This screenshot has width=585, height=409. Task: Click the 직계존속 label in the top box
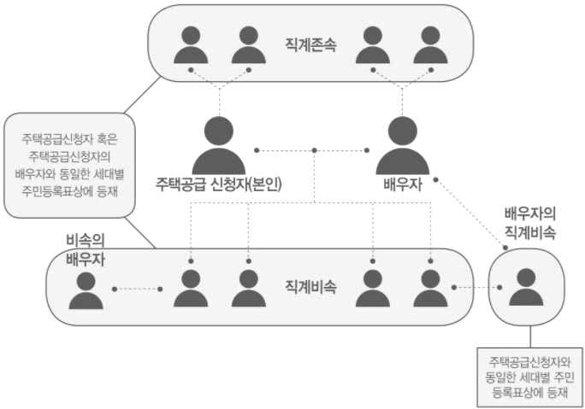pos(310,43)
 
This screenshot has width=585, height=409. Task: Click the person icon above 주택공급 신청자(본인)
pos(218,145)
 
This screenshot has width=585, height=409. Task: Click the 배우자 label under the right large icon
pos(402,184)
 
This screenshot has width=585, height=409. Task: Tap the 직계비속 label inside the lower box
pos(310,288)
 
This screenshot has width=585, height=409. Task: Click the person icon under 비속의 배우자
pos(86,289)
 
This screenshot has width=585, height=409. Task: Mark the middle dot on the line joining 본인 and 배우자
pos(315,151)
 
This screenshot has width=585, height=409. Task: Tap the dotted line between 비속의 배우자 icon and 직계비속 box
pos(137,289)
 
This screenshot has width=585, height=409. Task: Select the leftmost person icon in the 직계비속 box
pos(191,289)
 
